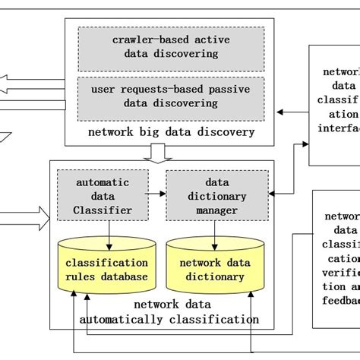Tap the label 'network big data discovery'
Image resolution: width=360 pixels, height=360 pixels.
(x=181, y=132)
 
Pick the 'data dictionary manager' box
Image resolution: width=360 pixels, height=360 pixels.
(x=216, y=196)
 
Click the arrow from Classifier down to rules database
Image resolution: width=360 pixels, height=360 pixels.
(x=109, y=232)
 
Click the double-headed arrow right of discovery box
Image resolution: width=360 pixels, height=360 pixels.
(x=292, y=112)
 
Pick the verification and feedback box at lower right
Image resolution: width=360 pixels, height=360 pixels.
(x=336, y=258)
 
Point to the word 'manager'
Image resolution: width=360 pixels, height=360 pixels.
(x=216, y=209)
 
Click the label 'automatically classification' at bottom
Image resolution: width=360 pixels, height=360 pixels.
(x=169, y=320)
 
